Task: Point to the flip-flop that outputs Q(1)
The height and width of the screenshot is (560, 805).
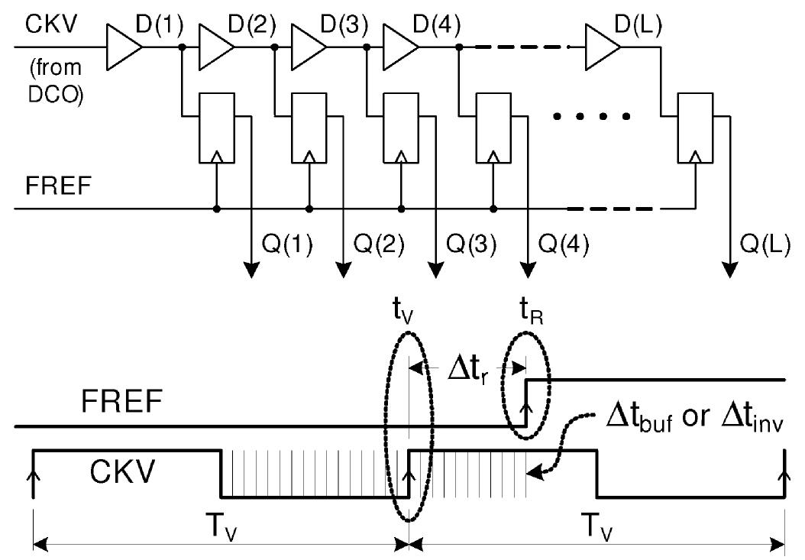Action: click(x=216, y=129)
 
